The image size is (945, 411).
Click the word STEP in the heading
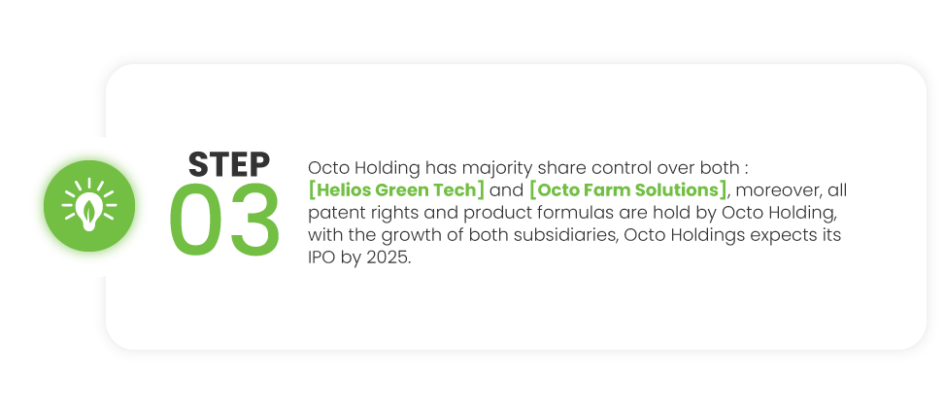pos(229,164)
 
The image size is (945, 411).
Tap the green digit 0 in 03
pos(196,220)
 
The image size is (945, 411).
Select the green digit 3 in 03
pos(255,220)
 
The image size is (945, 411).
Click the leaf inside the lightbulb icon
pos(89,211)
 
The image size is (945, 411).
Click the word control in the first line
pos(624,167)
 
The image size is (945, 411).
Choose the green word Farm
pos(597,190)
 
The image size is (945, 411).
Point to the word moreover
pos(777,191)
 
